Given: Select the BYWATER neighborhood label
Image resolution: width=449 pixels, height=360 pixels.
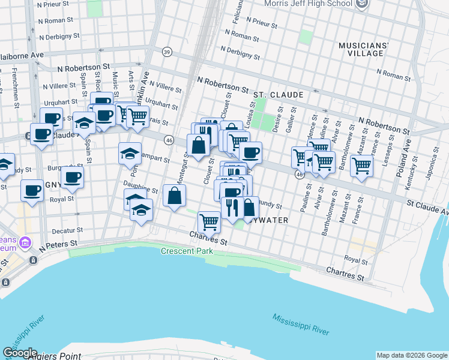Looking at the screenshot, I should point(269,220).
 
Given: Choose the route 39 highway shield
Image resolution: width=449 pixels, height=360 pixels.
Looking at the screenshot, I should point(167,51).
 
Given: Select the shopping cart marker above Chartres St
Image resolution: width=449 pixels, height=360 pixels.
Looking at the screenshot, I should point(209,221).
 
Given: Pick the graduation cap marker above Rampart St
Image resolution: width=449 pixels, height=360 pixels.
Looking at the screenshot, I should point(130,154).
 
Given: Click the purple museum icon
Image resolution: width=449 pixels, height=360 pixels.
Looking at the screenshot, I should point(25,242).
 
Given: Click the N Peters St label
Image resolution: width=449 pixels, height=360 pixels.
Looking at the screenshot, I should point(59,245).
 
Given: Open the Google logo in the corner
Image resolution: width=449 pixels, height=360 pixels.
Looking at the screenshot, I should point(19,353).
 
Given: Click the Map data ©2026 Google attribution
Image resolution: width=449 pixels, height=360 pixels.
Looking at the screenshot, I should point(411,355).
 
